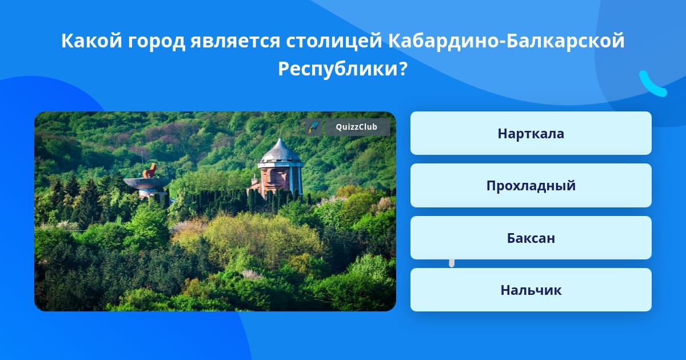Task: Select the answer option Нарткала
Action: point(531,133)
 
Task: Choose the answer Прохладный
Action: point(531,186)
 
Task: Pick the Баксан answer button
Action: point(531,238)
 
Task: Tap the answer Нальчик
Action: point(531,290)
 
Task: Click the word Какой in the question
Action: point(92,41)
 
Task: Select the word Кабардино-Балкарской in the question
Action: point(506,41)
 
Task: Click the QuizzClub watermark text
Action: point(357,127)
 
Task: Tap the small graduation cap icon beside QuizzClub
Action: point(314,127)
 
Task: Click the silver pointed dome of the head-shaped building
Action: point(280,151)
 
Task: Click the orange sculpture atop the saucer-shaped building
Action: point(150,171)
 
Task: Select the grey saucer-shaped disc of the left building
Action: point(146,183)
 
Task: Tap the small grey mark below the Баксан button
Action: point(452,263)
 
